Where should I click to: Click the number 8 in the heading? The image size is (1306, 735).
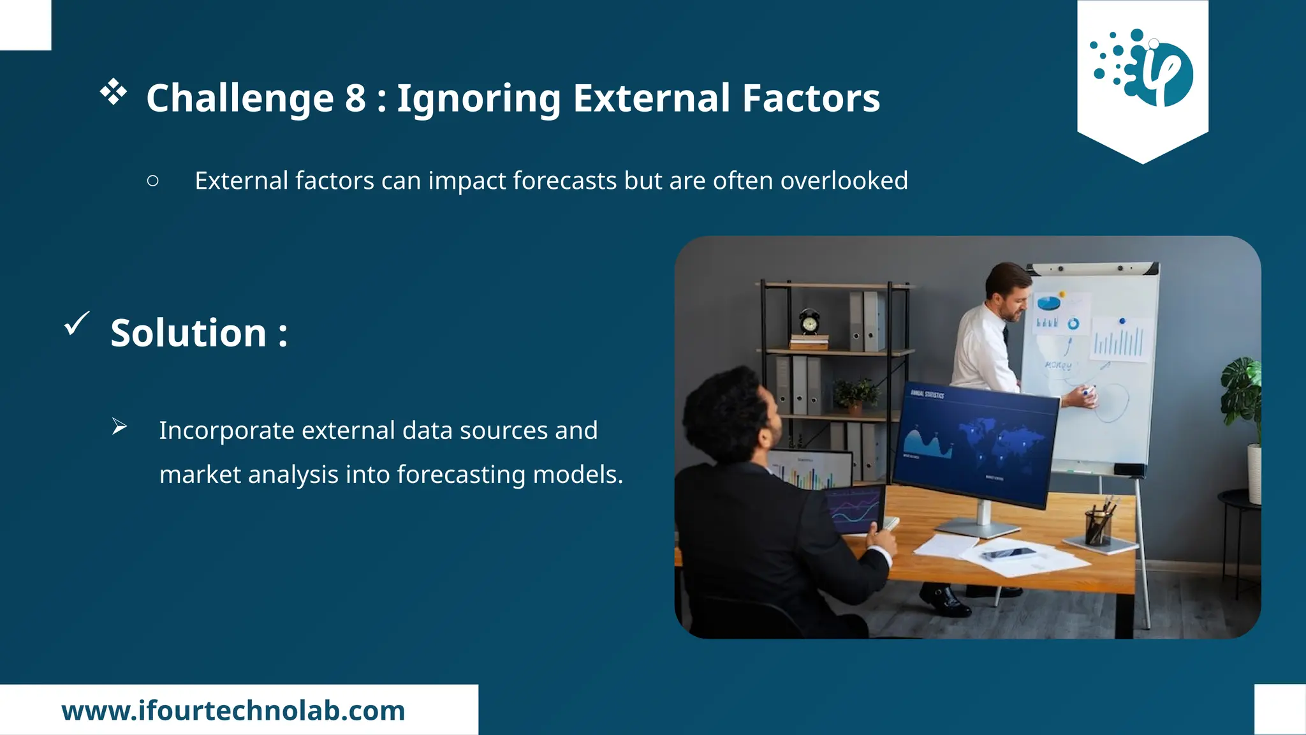[355, 99]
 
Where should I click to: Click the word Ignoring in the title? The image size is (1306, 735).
[478, 99]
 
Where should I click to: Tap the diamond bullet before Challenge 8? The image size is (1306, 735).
[114, 92]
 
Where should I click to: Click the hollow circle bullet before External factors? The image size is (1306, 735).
[152, 181]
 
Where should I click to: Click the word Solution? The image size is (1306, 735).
[189, 333]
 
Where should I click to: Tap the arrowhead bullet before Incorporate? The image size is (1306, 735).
[119, 426]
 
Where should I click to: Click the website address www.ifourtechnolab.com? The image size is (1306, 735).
[233, 711]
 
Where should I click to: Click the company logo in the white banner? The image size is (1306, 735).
[1142, 68]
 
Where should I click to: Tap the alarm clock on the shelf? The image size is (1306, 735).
[809, 322]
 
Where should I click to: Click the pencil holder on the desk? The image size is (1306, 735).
[1098, 524]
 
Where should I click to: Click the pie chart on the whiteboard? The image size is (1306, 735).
[1048, 302]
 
